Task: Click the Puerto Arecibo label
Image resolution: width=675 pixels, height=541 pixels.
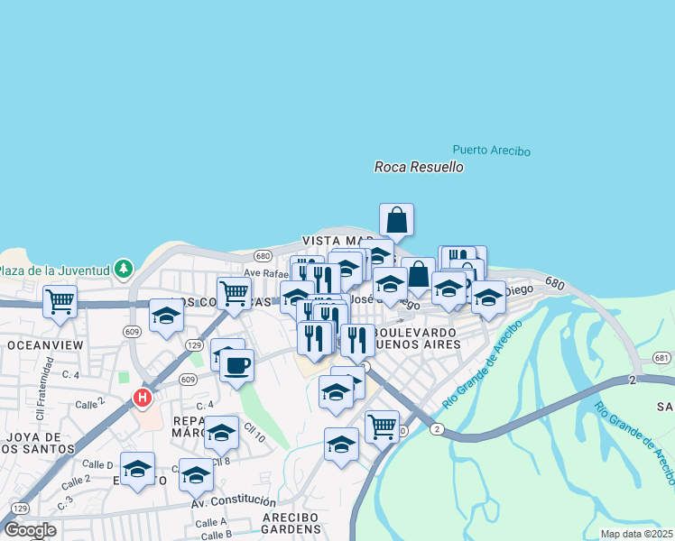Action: point(491,151)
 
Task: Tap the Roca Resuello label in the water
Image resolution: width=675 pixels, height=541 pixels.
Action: point(419,167)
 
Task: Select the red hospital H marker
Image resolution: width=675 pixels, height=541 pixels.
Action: point(142,397)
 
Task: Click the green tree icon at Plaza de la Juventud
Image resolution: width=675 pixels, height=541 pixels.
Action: point(123,269)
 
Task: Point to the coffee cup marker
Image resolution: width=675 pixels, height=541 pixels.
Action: point(236,365)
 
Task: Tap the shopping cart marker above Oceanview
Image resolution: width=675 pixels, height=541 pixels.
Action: point(60,300)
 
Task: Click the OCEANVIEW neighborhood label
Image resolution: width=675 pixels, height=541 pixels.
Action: point(45,345)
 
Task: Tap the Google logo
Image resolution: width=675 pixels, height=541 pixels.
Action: point(30,530)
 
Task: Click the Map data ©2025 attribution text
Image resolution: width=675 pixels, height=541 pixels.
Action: point(635,534)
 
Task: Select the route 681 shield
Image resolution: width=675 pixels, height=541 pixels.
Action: point(661,359)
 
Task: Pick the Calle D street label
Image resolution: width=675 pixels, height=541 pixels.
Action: point(97,463)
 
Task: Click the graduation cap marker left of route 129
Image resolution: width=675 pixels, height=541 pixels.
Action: point(166,315)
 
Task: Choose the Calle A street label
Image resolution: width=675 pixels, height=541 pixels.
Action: point(210,522)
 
